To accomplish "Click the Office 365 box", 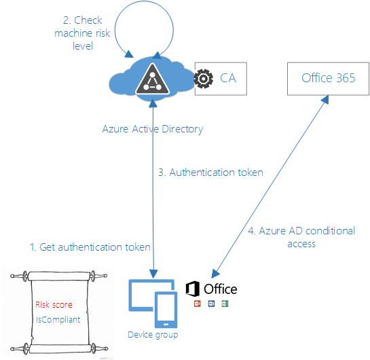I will [328, 78].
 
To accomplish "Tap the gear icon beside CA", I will [203, 79].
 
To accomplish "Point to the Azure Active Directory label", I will [152, 128].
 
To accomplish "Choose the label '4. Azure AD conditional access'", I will [302, 236].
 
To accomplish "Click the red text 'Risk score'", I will [54, 304].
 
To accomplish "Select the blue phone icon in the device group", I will [167, 308].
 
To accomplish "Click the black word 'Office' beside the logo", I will [221, 289].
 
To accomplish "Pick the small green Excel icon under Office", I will [225, 303].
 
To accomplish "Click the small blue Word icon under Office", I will [211, 303].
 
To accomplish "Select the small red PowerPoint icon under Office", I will [197, 303].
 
